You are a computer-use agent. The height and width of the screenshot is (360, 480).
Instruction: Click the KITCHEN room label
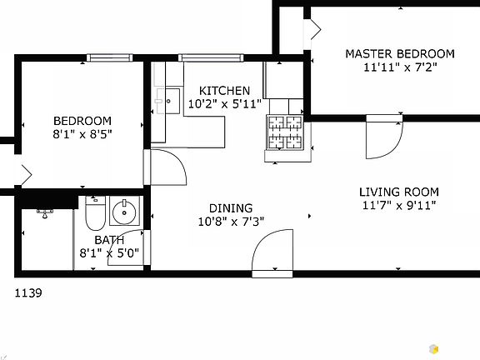pyautogui.click(x=224, y=91)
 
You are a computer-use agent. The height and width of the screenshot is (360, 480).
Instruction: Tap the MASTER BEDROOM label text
pyautogui.click(x=400, y=54)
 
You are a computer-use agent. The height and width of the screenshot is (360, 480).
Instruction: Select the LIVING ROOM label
pyautogui.click(x=399, y=192)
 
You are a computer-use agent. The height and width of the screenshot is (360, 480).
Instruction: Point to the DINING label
pyautogui.click(x=231, y=208)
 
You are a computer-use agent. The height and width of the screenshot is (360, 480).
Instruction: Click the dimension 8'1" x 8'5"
pyautogui.click(x=82, y=134)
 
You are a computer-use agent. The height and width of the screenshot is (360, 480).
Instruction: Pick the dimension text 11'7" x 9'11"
pyautogui.click(x=399, y=205)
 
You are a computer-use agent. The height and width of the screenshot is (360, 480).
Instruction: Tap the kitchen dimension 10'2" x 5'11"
pyautogui.click(x=225, y=104)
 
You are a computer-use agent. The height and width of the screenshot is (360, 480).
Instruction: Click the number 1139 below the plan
pyautogui.click(x=28, y=293)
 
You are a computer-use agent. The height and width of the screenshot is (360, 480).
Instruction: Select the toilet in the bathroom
pyautogui.click(x=95, y=213)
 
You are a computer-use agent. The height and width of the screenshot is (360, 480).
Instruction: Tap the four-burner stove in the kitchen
pyautogui.click(x=285, y=132)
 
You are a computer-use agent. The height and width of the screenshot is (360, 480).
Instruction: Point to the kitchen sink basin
pyautogui.click(x=172, y=101)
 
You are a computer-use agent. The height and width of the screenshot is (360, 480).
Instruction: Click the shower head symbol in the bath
pyautogui.click(x=45, y=213)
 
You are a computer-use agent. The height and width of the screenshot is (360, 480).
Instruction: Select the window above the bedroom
pyautogui.click(x=110, y=57)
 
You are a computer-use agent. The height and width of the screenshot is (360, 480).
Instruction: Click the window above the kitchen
pyautogui.click(x=211, y=57)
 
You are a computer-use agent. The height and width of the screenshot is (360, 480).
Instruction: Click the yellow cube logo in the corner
pyautogui.click(x=433, y=348)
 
